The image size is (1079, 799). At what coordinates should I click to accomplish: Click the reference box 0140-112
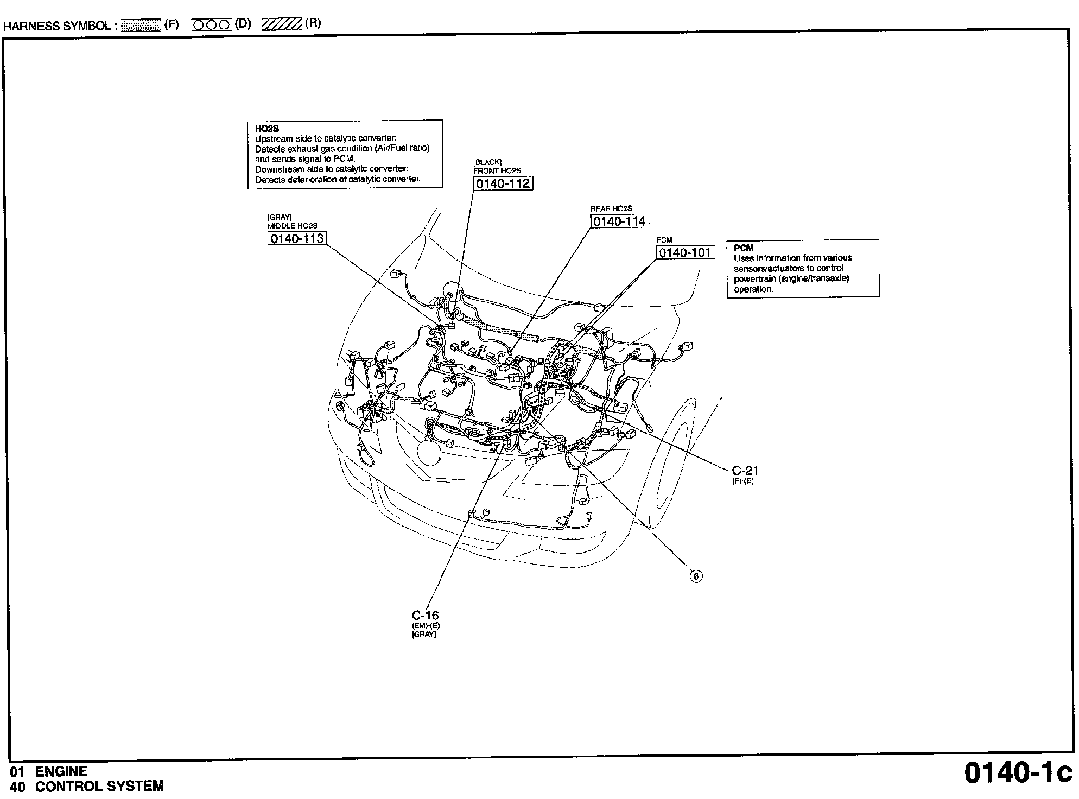tap(503, 183)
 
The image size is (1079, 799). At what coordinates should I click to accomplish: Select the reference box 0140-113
tap(297, 238)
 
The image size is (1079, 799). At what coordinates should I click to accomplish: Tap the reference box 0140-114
tap(619, 221)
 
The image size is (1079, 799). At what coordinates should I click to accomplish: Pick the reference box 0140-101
tap(685, 252)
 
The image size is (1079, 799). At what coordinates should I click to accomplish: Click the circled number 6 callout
tap(696, 576)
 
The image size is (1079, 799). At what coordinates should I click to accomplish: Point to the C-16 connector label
tap(425, 615)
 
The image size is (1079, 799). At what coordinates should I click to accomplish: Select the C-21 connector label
tap(745, 471)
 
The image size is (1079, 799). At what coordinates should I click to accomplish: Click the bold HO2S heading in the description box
tap(266, 129)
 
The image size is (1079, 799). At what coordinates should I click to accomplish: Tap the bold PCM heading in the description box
tap(744, 248)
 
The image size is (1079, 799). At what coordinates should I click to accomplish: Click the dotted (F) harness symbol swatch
tap(141, 25)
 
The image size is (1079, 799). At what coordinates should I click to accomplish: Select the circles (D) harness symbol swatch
tap(212, 25)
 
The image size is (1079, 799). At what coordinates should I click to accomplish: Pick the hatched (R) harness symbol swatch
tap(282, 25)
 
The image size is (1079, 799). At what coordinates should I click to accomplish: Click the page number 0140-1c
tap(1018, 773)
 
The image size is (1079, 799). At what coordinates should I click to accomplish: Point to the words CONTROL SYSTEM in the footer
tap(99, 786)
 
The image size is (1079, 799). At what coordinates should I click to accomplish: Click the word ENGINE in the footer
tap(61, 771)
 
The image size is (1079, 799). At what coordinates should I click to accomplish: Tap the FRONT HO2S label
tap(497, 171)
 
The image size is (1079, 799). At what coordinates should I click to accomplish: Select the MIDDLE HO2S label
tap(292, 226)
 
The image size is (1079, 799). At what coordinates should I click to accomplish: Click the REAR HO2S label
tap(611, 208)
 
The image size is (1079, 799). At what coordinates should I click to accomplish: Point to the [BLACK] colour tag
tap(487, 162)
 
